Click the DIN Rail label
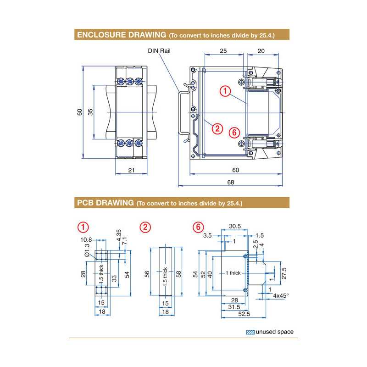[159, 51]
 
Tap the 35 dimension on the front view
[90, 111]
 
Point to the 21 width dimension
[131, 171]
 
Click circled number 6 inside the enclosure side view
[234, 132]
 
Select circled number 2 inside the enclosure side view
[217, 128]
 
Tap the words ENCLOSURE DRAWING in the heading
[122, 35]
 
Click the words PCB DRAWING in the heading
[105, 202]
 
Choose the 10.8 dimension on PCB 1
[86, 239]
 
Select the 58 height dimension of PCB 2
[179, 273]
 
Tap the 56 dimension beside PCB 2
[147, 273]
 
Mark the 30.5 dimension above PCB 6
[234, 226]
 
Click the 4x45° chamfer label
[280, 296]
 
